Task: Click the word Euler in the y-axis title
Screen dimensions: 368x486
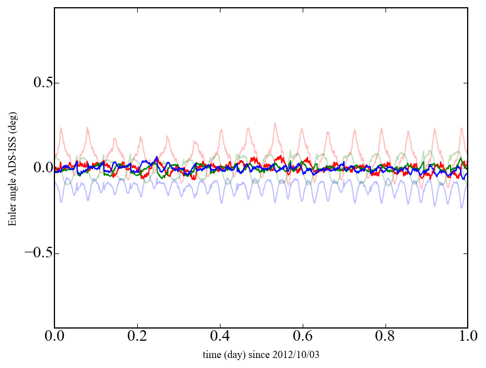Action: click(12, 216)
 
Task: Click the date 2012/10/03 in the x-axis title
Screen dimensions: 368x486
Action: click(297, 354)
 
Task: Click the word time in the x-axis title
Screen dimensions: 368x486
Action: click(212, 354)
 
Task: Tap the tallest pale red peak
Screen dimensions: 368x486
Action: click(274, 123)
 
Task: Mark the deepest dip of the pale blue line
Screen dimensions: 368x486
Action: click(461, 207)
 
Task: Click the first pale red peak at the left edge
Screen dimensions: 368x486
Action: click(61, 128)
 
